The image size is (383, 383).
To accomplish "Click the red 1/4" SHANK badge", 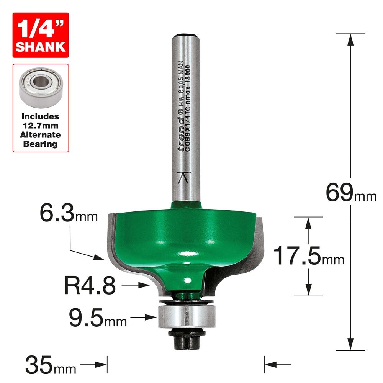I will (40, 35).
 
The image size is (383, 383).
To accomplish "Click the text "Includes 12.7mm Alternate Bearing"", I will (40, 130).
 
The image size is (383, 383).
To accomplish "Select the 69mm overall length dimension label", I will (350, 191).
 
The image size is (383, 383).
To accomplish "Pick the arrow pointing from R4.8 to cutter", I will (140, 285).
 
